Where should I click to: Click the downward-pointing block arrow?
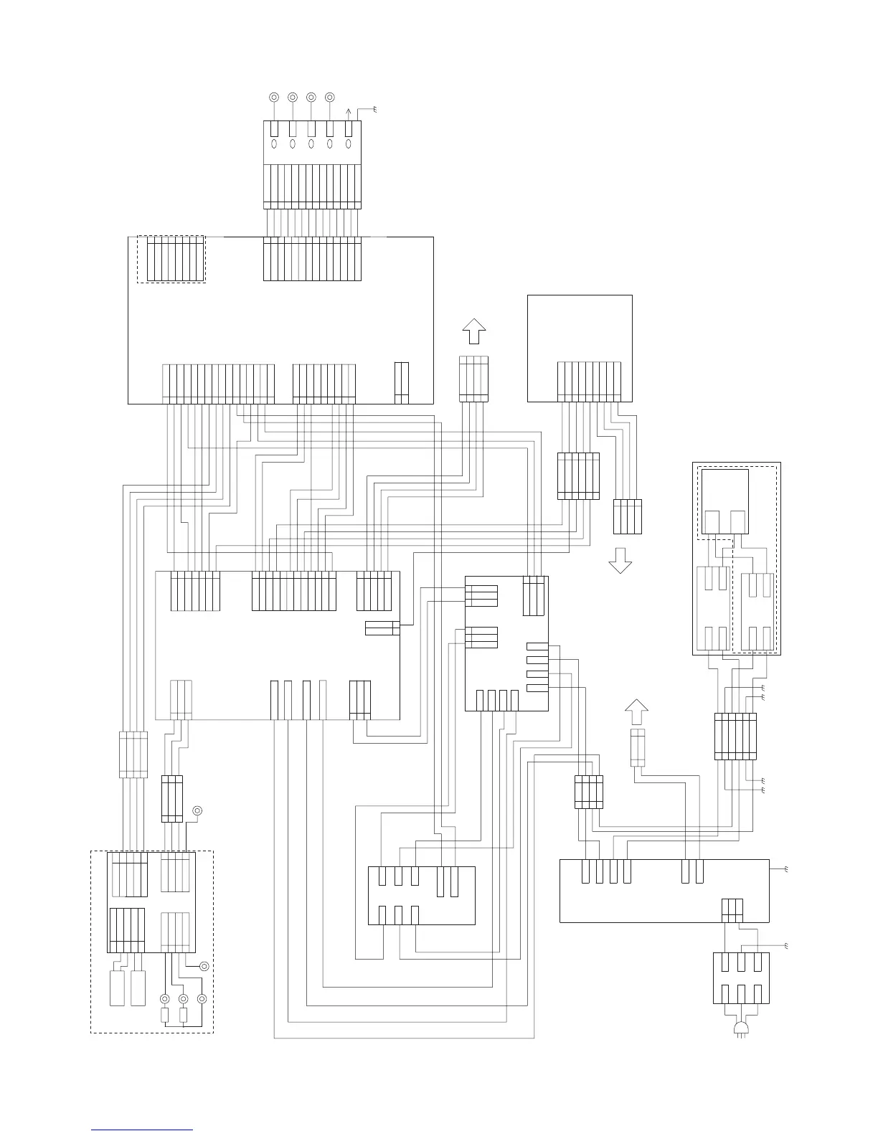[620, 560]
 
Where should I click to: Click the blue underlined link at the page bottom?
[142, 1130]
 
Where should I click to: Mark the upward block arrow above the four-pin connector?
[473, 331]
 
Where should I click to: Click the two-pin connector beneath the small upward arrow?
[637, 747]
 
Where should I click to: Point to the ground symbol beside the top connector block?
[374, 109]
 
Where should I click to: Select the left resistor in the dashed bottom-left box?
[165, 1016]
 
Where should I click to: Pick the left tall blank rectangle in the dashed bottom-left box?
[118, 988]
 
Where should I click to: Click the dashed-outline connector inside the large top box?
[171, 259]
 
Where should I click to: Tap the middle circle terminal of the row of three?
[184, 999]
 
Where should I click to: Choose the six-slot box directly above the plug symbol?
[742, 978]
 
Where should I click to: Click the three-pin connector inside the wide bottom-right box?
[732, 909]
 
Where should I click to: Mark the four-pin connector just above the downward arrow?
[628, 516]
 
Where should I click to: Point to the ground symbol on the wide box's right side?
[786, 869]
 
